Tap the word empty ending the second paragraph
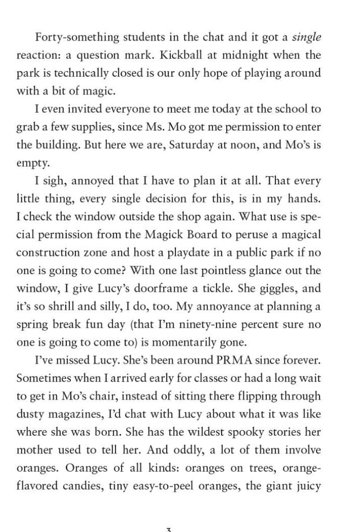click(x=29, y=163)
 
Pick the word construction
click(x=50, y=252)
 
